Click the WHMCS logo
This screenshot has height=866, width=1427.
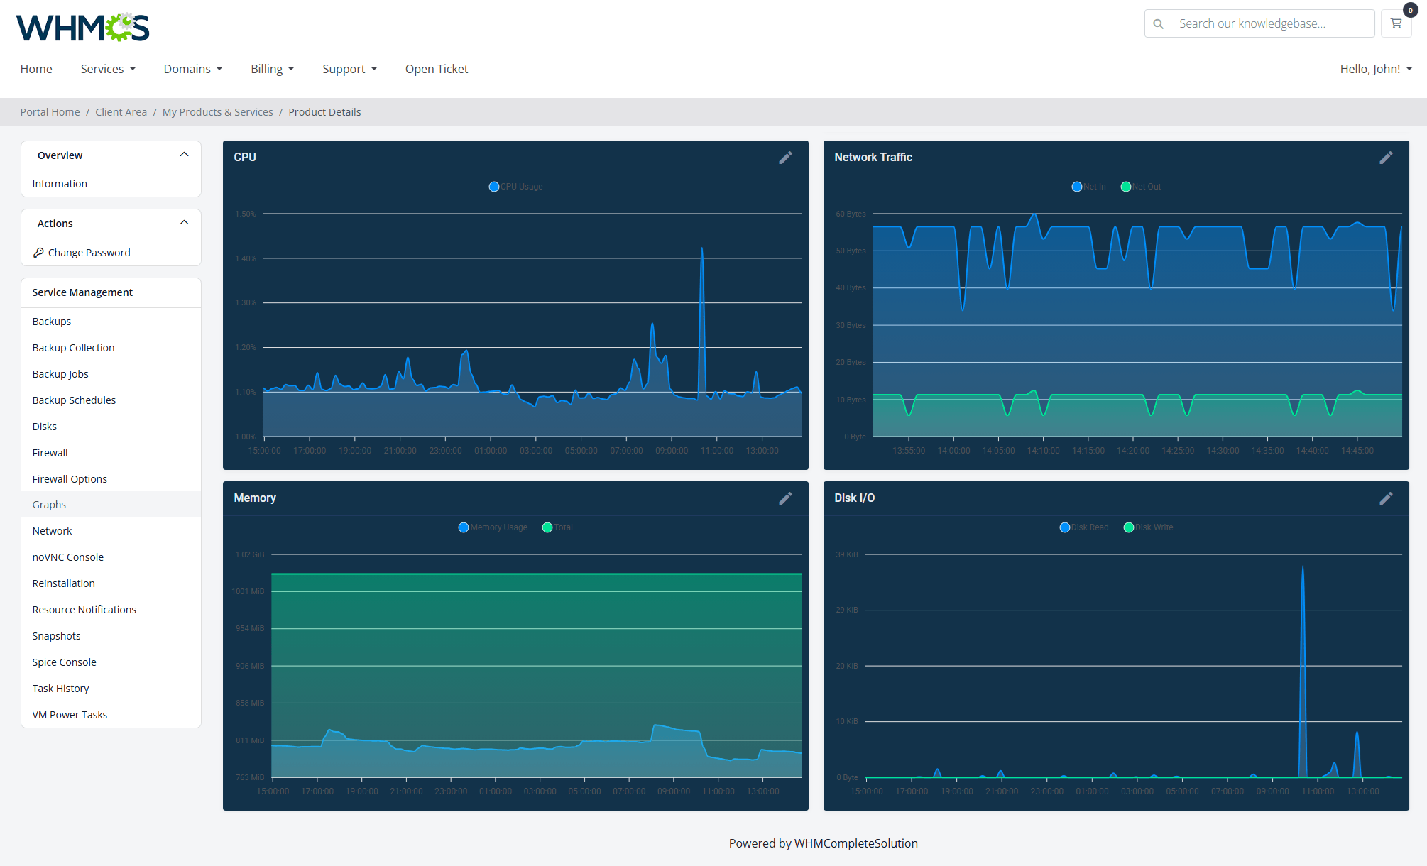point(82,28)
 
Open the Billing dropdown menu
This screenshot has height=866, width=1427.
point(272,69)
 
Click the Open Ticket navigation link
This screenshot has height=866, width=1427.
point(437,69)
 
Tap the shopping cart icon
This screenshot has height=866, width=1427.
point(1396,23)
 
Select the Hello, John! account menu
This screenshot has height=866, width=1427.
point(1375,69)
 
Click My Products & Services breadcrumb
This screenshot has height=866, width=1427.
point(217,112)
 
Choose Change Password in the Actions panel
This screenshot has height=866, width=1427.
point(89,253)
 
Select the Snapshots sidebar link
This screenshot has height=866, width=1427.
point(56,636)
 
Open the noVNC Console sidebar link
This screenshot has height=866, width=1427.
point(67,557)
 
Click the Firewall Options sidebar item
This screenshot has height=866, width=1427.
point(70,479)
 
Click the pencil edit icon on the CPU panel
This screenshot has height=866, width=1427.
point(785,158)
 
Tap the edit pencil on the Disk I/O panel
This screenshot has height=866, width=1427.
point(1386,498)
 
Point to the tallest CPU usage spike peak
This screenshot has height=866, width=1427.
point(702,248)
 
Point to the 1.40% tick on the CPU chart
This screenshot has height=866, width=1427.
point(246,258)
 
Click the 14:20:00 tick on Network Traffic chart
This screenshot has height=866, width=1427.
point(1133,451)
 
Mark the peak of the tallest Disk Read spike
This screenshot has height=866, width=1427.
point(1303,566)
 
